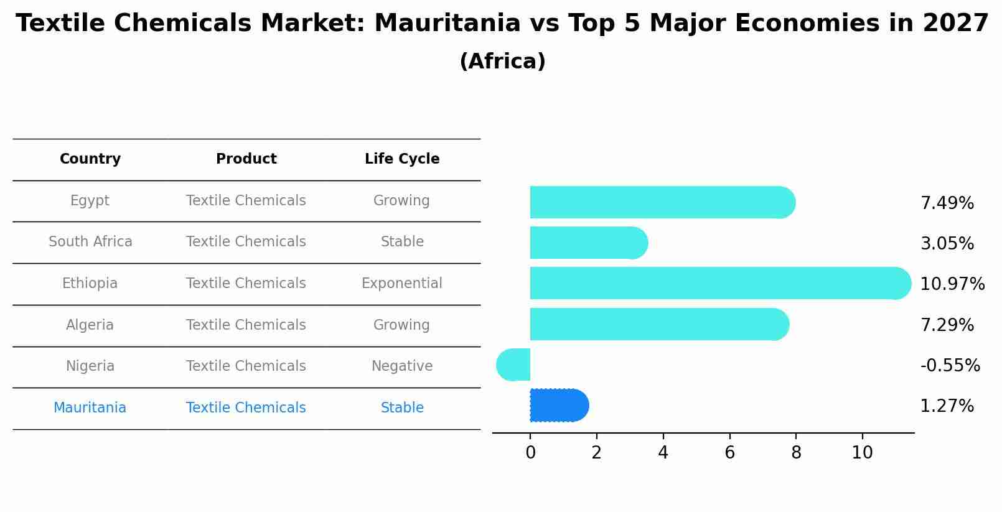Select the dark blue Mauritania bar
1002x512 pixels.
(558, 406)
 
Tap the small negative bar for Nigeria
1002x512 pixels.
(514, 365)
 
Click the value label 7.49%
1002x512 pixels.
(947, 203)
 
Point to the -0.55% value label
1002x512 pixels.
(950, 365)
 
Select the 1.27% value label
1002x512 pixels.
(947, 406)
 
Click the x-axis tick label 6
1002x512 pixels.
(729, 453)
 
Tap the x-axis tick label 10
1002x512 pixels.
(862, 453)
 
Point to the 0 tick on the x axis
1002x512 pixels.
(530, 453)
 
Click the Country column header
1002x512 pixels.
(90, 159)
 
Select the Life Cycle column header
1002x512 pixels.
(402, 159)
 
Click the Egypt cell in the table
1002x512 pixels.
(90, 201)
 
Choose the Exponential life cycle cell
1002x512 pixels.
(402, 284)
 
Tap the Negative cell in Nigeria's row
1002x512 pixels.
(402, 366)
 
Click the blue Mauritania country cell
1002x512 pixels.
(90, 408)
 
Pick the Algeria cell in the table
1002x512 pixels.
(90, 325)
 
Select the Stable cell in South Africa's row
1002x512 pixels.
(402, 242)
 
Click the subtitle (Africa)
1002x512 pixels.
(502, 62)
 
